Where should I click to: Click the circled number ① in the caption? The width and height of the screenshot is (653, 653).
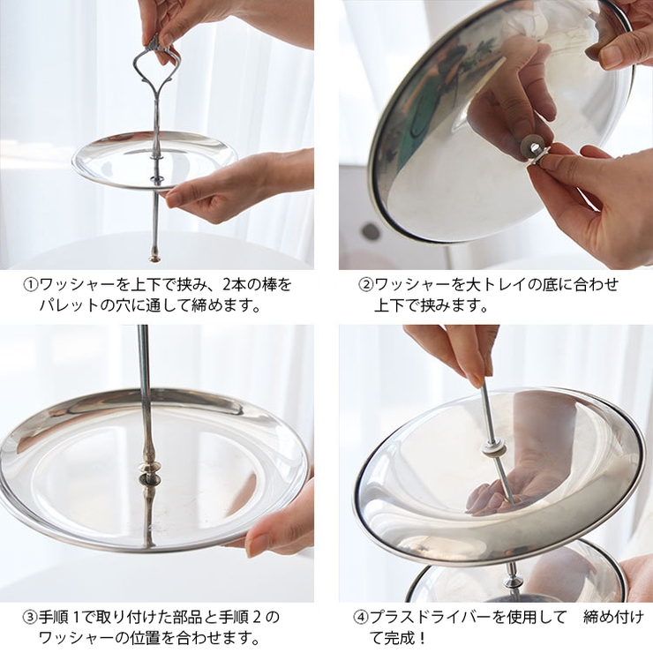pyautogui.click(x=29, y=285)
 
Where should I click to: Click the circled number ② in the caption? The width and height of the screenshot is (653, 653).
pyautogui.click(x=365, y=285)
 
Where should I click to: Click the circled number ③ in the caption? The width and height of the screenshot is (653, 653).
pyautogui.click(x=29, y=616)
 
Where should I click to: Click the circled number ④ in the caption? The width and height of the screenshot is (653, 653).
pyautogui.click(x=361, y=616)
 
